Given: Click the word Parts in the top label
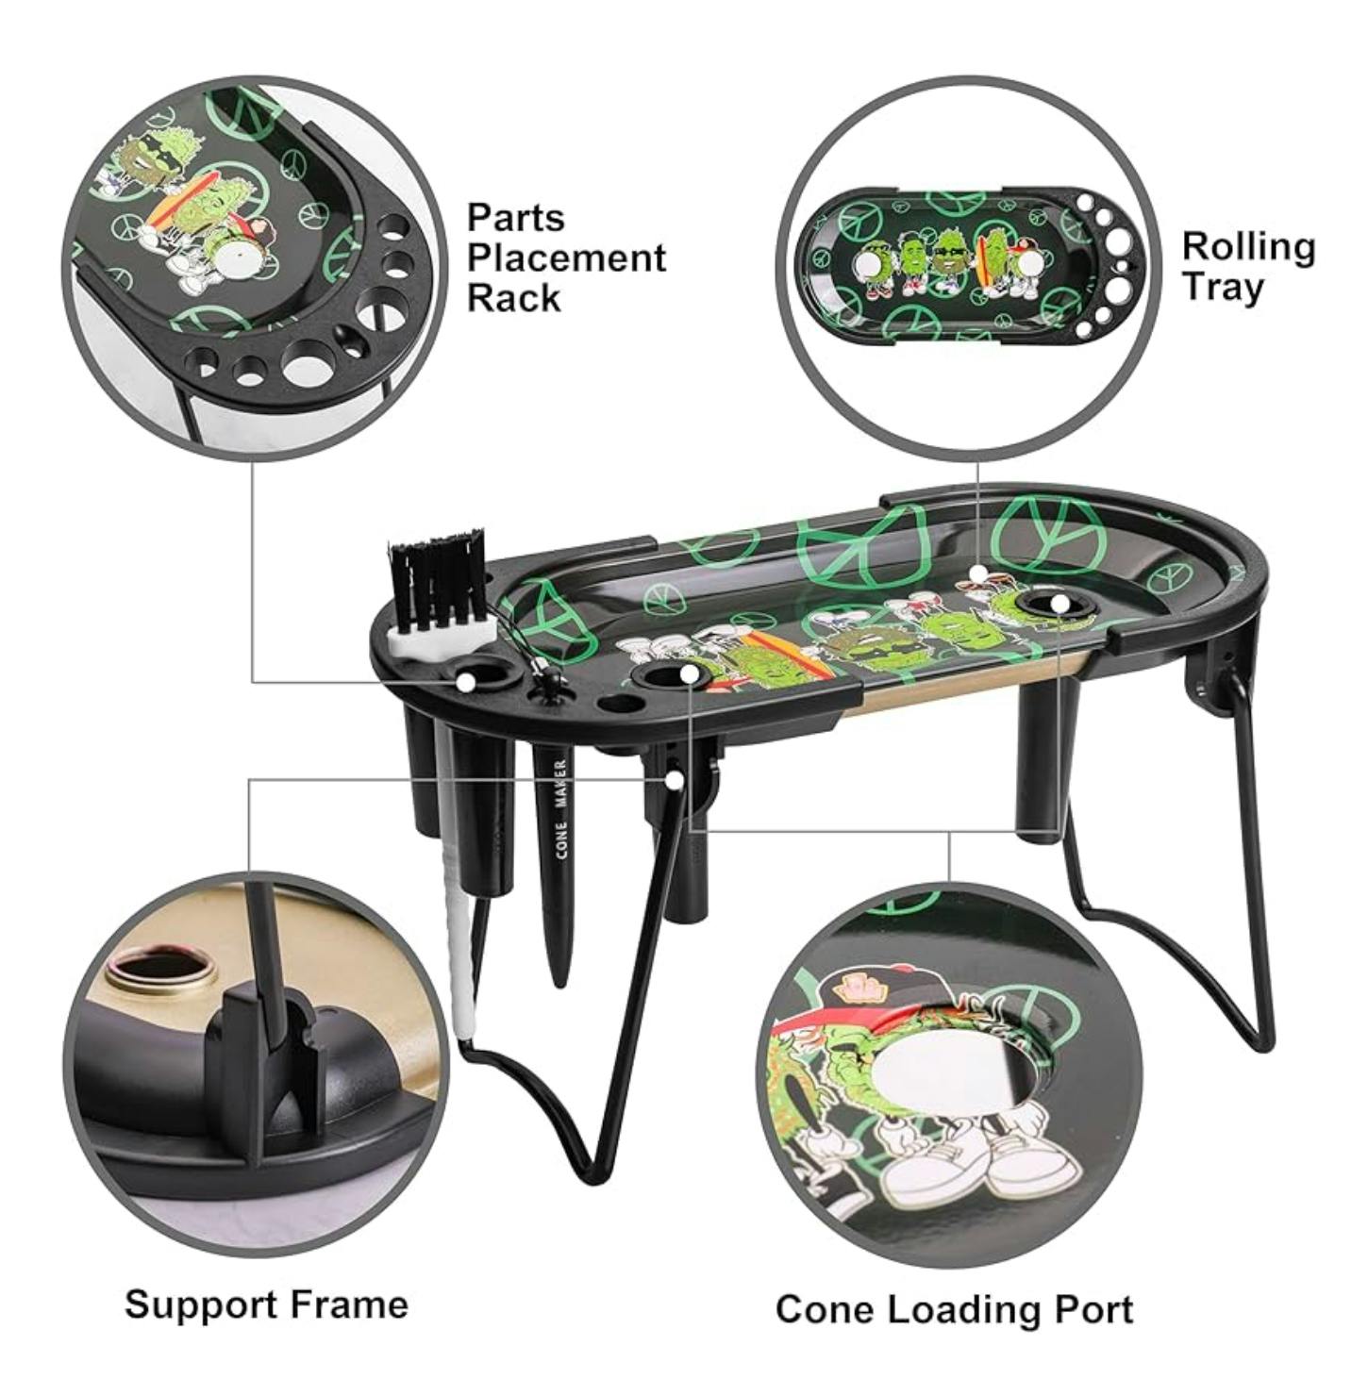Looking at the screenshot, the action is click(x=515, y=218).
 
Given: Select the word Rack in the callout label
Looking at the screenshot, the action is click(x=513, y=298).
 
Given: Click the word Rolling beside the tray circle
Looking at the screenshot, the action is click(x=1248, y=249).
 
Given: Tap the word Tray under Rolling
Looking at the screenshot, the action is click(x=1222, y=288).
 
